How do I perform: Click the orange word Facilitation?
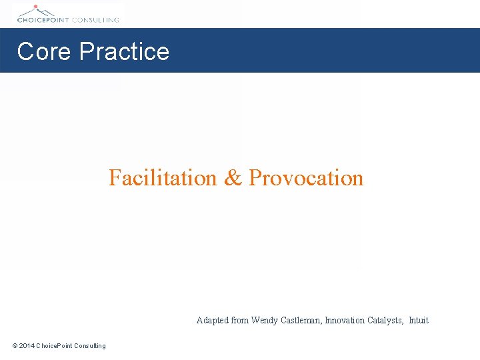[163, 178]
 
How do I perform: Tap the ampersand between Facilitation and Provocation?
[233, 178]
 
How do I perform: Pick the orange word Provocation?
[306, 178]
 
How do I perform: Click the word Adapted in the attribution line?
[212, 321]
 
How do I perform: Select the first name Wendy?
[264, 321]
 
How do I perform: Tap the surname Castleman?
[301, 321]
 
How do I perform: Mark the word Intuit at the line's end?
[419, 321]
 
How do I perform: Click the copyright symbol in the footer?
[15, 345]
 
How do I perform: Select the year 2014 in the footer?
[27, 345]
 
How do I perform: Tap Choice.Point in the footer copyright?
[55, 345]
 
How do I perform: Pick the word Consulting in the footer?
[90, 345]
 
